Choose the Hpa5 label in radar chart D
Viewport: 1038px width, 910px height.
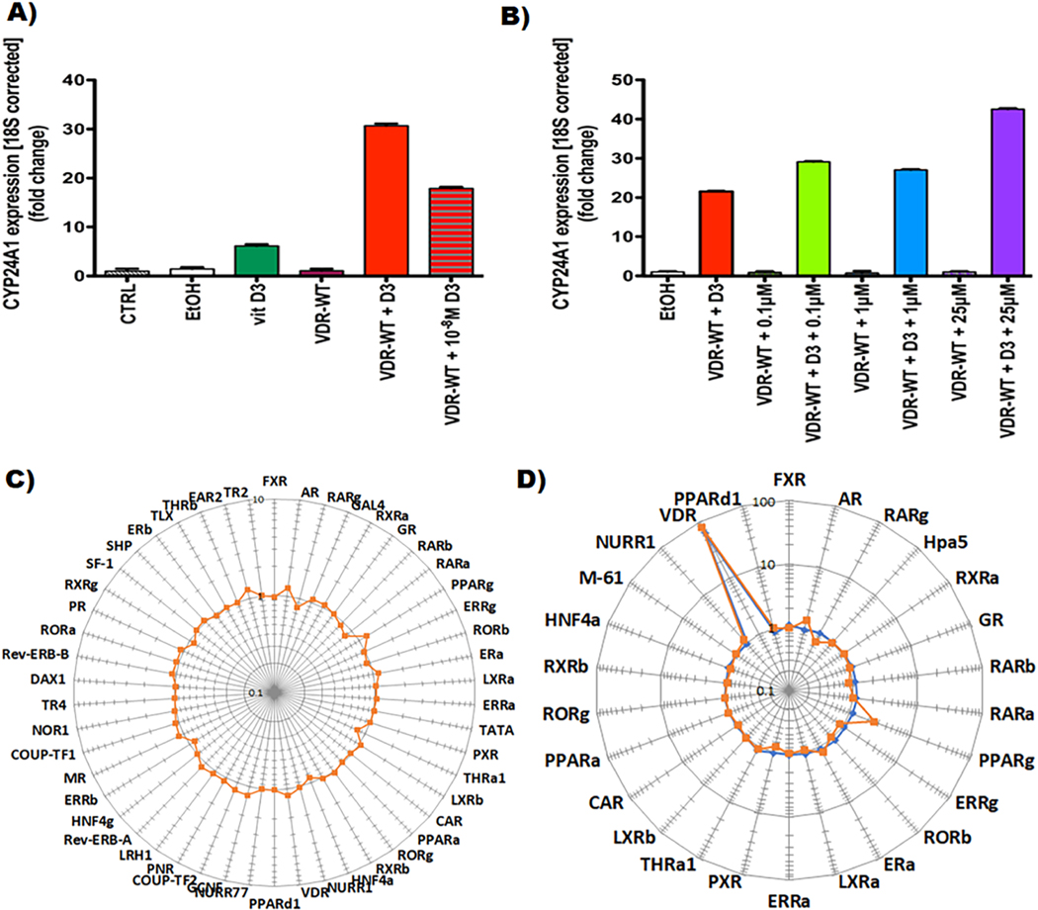[x=918, y=542]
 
